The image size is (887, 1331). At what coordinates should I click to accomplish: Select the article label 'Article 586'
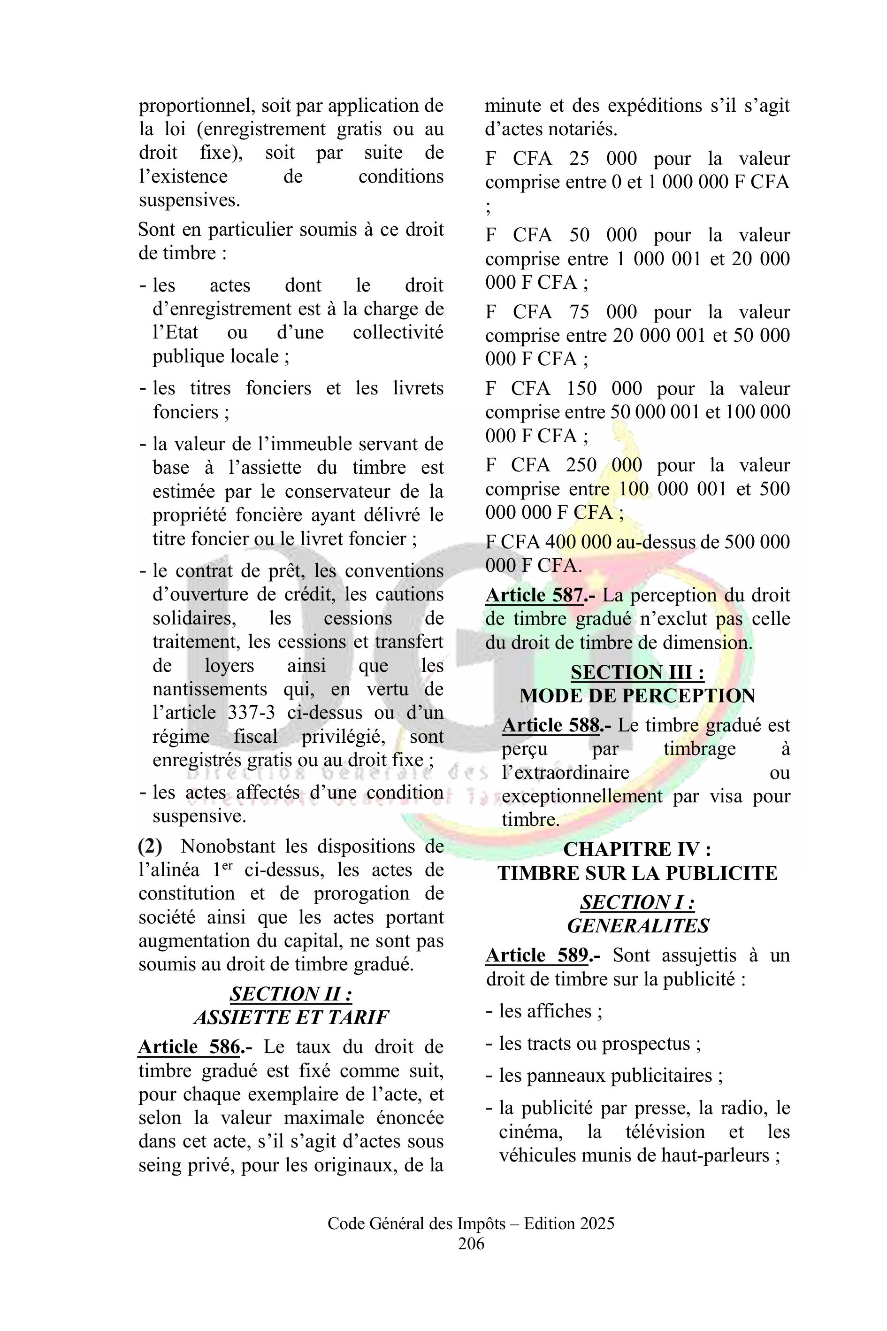[x=190, y=1047]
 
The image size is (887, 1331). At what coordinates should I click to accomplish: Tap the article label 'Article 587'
[x=534, y=595]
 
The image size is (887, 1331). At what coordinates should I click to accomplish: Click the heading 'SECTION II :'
[x=291, y=994]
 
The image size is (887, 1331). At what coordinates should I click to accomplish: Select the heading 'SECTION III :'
[x=637, y=672]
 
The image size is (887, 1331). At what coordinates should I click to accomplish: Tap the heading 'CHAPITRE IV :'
[x=637, y=849]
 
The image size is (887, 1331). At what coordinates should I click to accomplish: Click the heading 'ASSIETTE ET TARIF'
[x=291, y=1017]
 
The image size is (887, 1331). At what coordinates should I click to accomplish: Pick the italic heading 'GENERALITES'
[x=637, y=926]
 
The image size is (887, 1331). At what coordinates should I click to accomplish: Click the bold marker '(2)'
[x=150, y=846]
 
